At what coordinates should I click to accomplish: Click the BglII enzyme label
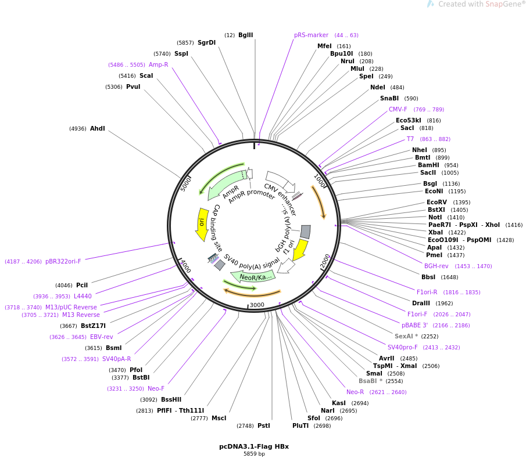pos(245,35)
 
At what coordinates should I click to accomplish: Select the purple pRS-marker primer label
pos(311,35)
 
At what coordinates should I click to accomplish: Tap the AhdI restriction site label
pos(97,128)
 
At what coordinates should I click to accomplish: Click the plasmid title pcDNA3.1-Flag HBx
pos(254,446)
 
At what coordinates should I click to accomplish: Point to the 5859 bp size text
pos(254,454)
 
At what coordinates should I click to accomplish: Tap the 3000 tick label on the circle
pos(256,305)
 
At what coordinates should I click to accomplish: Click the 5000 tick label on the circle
pos(186,183)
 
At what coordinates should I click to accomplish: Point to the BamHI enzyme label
pos(428,165)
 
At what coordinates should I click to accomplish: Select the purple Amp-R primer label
pos(158,64)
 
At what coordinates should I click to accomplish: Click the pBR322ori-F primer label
pos(63,261)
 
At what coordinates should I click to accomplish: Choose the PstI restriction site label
pos(263,425)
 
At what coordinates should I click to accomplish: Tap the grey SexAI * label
pos(406,336)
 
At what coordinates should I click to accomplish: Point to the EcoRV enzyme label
pos(436,202)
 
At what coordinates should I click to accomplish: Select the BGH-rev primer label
pos(436,266)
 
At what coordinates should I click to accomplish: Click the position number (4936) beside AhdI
pos(77,129)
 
